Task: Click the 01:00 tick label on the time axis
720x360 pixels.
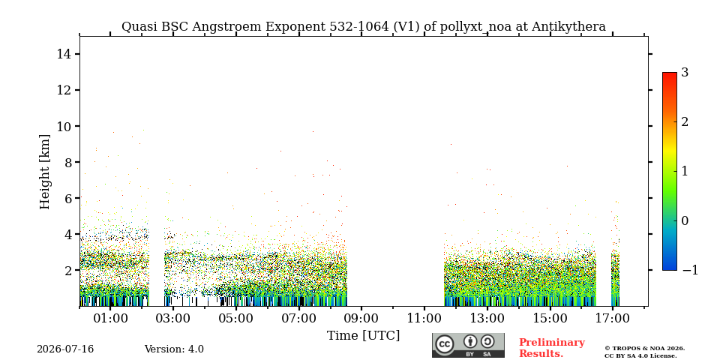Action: coord(110,318)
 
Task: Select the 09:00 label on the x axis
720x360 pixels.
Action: coord(361,318)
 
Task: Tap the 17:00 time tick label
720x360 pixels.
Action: coord(613,318)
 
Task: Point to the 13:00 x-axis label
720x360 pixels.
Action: coord(487,318)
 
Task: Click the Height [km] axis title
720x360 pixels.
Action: coord(44,172)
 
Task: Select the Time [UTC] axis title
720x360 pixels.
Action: coord(363,336)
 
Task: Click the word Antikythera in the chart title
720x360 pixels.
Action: coord(569,27)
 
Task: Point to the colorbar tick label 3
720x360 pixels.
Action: coord(685,73)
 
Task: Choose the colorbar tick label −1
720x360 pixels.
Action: coord(690,270)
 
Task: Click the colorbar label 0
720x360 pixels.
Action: coord(685,220)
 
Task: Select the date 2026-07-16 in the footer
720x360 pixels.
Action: coord(65,349)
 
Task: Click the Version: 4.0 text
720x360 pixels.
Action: coord(174,349)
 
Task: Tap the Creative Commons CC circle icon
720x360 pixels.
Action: coord(445,344)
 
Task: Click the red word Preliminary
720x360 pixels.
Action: coord(552,343)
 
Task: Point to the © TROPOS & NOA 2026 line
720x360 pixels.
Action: coord(644,349)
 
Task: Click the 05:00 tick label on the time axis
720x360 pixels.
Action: coord(236,318)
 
